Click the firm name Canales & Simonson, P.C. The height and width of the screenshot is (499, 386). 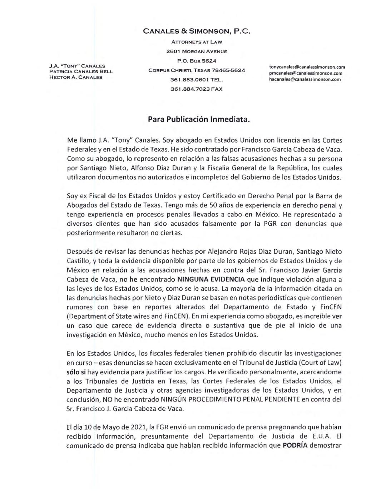197,31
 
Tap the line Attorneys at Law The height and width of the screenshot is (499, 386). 197,42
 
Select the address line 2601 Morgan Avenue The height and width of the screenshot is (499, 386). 197,51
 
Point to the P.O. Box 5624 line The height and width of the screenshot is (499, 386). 197,61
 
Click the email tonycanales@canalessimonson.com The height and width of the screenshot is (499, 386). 307,67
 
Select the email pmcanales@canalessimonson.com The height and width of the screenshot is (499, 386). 306,73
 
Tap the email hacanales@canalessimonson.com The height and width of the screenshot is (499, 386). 305,79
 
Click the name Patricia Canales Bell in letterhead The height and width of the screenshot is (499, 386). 81,71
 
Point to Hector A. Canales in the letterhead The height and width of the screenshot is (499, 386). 76,77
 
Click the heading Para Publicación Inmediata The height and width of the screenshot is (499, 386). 199,120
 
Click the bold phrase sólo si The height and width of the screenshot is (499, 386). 76,372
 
